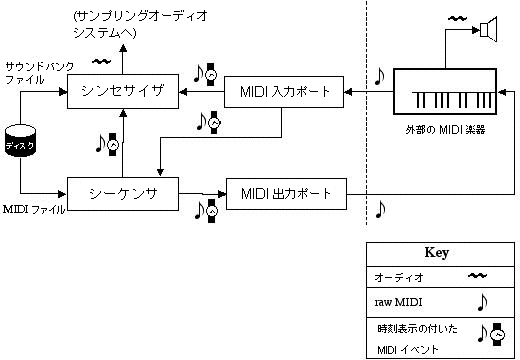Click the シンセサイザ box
(123, 92)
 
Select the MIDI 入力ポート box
(284, 92)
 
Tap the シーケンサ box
(123, 190)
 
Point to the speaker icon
(487, 30)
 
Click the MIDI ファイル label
(34, 209)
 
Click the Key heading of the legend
(438, 253)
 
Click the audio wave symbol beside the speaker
(458, 17)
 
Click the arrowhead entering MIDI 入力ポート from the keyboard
(349, 93)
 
